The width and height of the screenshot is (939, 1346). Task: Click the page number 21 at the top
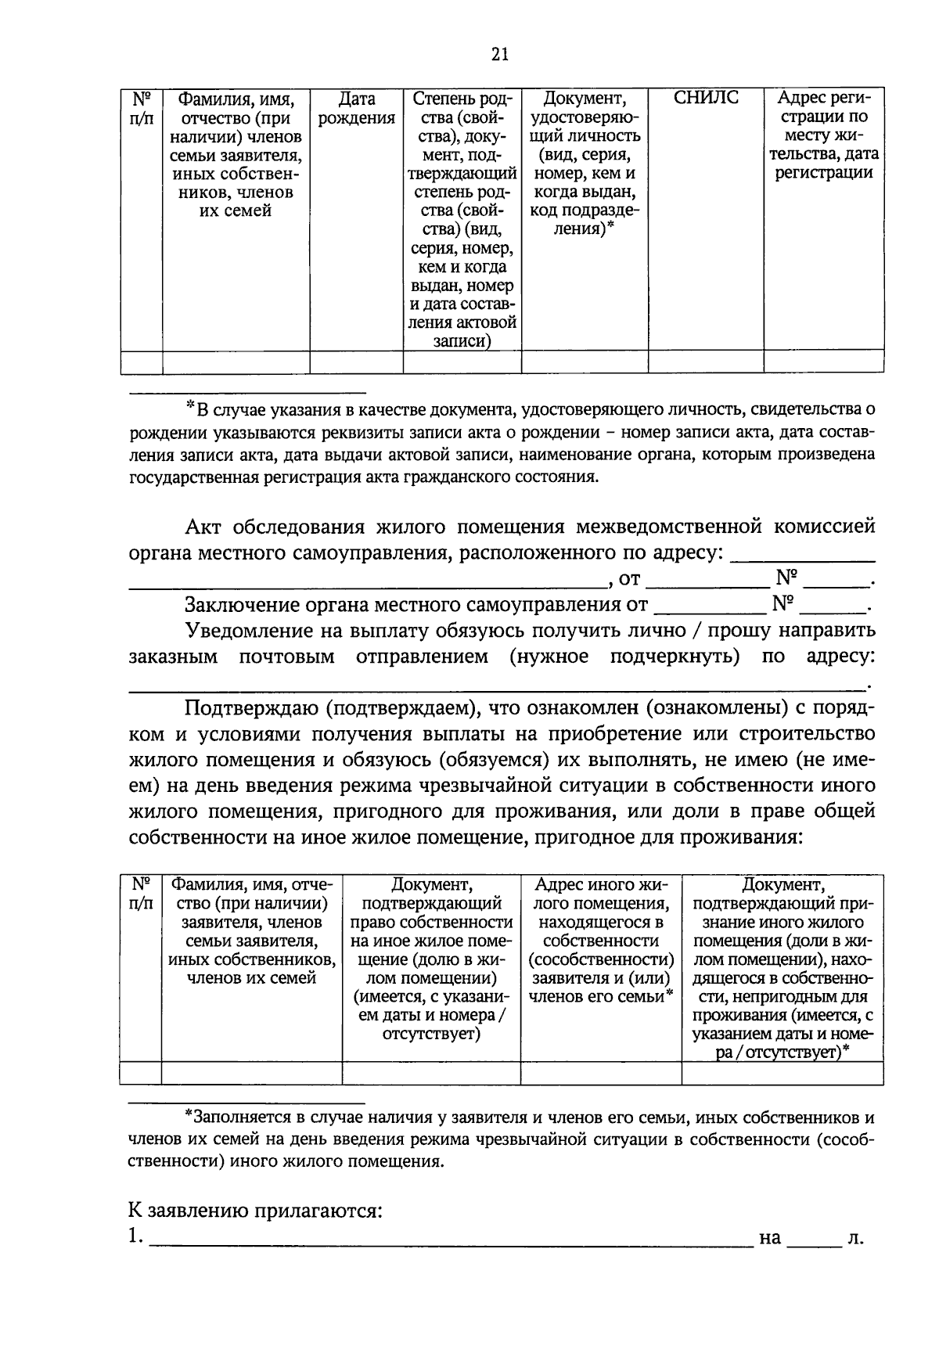(x=501, y=54)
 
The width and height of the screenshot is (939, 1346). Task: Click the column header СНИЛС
(x=706, y=99)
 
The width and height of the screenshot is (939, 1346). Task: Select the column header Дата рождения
(x=356, y=109)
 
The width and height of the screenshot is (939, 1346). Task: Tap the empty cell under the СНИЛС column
(x=706, y=362)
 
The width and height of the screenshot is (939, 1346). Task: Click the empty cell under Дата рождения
(x=356, y=362)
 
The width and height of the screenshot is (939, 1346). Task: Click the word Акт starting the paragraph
(x=204, y=527)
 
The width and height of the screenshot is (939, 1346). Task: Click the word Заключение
(x=238, y=605)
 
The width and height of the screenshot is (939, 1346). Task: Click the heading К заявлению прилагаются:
(x=255, y=1212)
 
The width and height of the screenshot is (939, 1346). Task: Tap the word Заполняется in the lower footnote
(x=236, y=1117)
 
